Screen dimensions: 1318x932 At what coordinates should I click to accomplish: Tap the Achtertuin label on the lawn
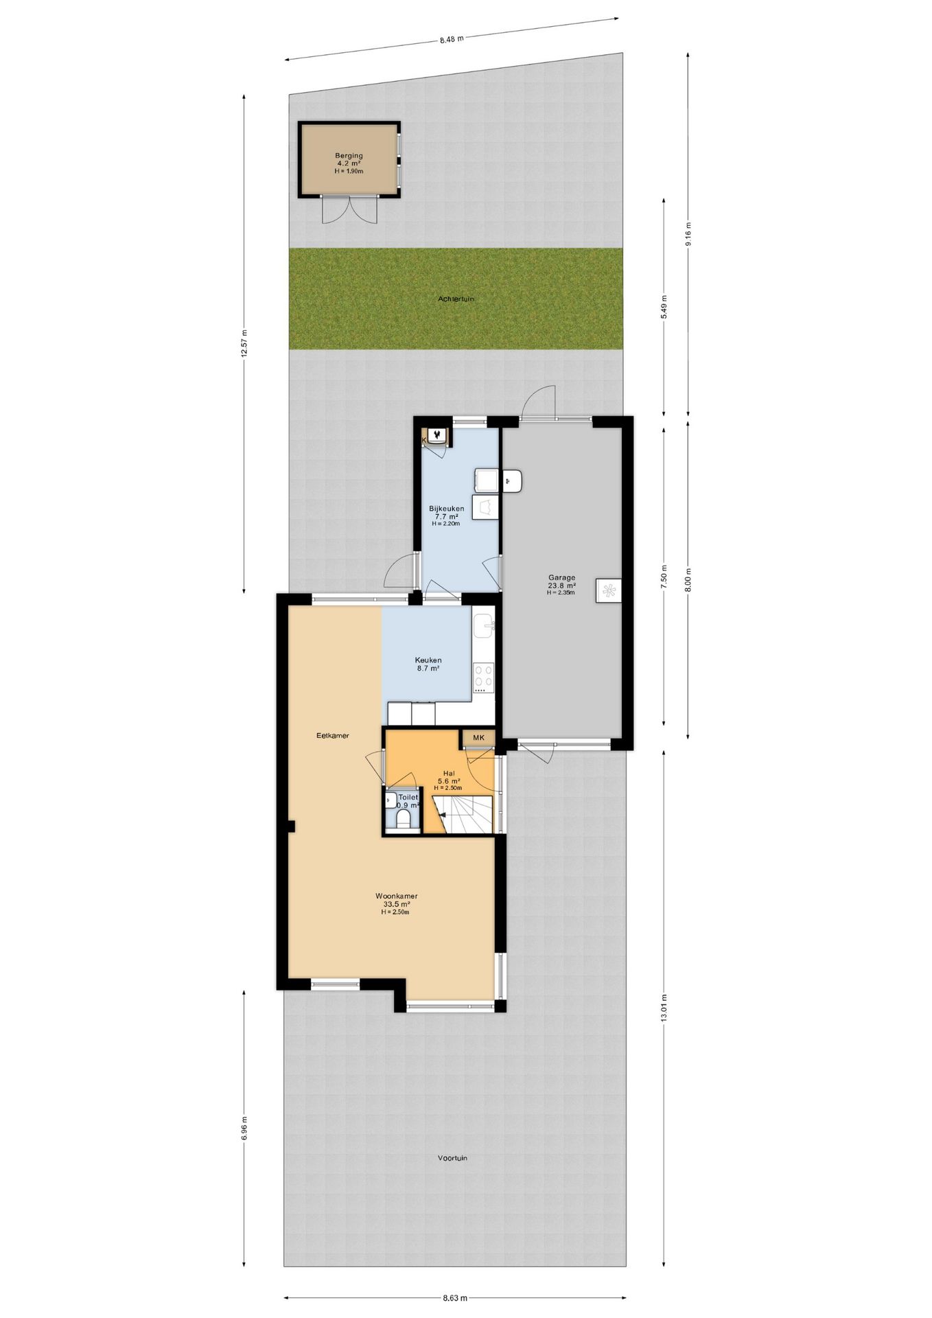pos(456,299)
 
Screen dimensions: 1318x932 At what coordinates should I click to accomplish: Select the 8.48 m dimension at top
pos(452,39)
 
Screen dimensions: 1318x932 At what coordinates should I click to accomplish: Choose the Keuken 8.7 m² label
pos(428,663)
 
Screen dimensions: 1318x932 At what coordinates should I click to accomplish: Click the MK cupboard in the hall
pos(478,738)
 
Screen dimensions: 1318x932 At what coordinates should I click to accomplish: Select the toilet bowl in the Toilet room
pos(403,818)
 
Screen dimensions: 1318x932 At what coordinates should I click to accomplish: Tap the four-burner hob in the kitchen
pos(483,677)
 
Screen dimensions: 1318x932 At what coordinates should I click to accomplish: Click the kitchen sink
pos(484,624)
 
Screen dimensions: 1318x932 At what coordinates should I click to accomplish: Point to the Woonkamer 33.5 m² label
pos(396,900)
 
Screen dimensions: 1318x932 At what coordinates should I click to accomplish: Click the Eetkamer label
pos(332,735)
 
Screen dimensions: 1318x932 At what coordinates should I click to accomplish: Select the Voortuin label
pos(452,1158)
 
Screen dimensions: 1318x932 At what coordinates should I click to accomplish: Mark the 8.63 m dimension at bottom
pos(454,1298)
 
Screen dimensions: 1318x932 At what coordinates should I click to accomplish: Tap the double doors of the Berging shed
pos(350,209)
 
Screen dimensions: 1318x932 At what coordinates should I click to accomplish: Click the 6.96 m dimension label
pos(244,1127)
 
